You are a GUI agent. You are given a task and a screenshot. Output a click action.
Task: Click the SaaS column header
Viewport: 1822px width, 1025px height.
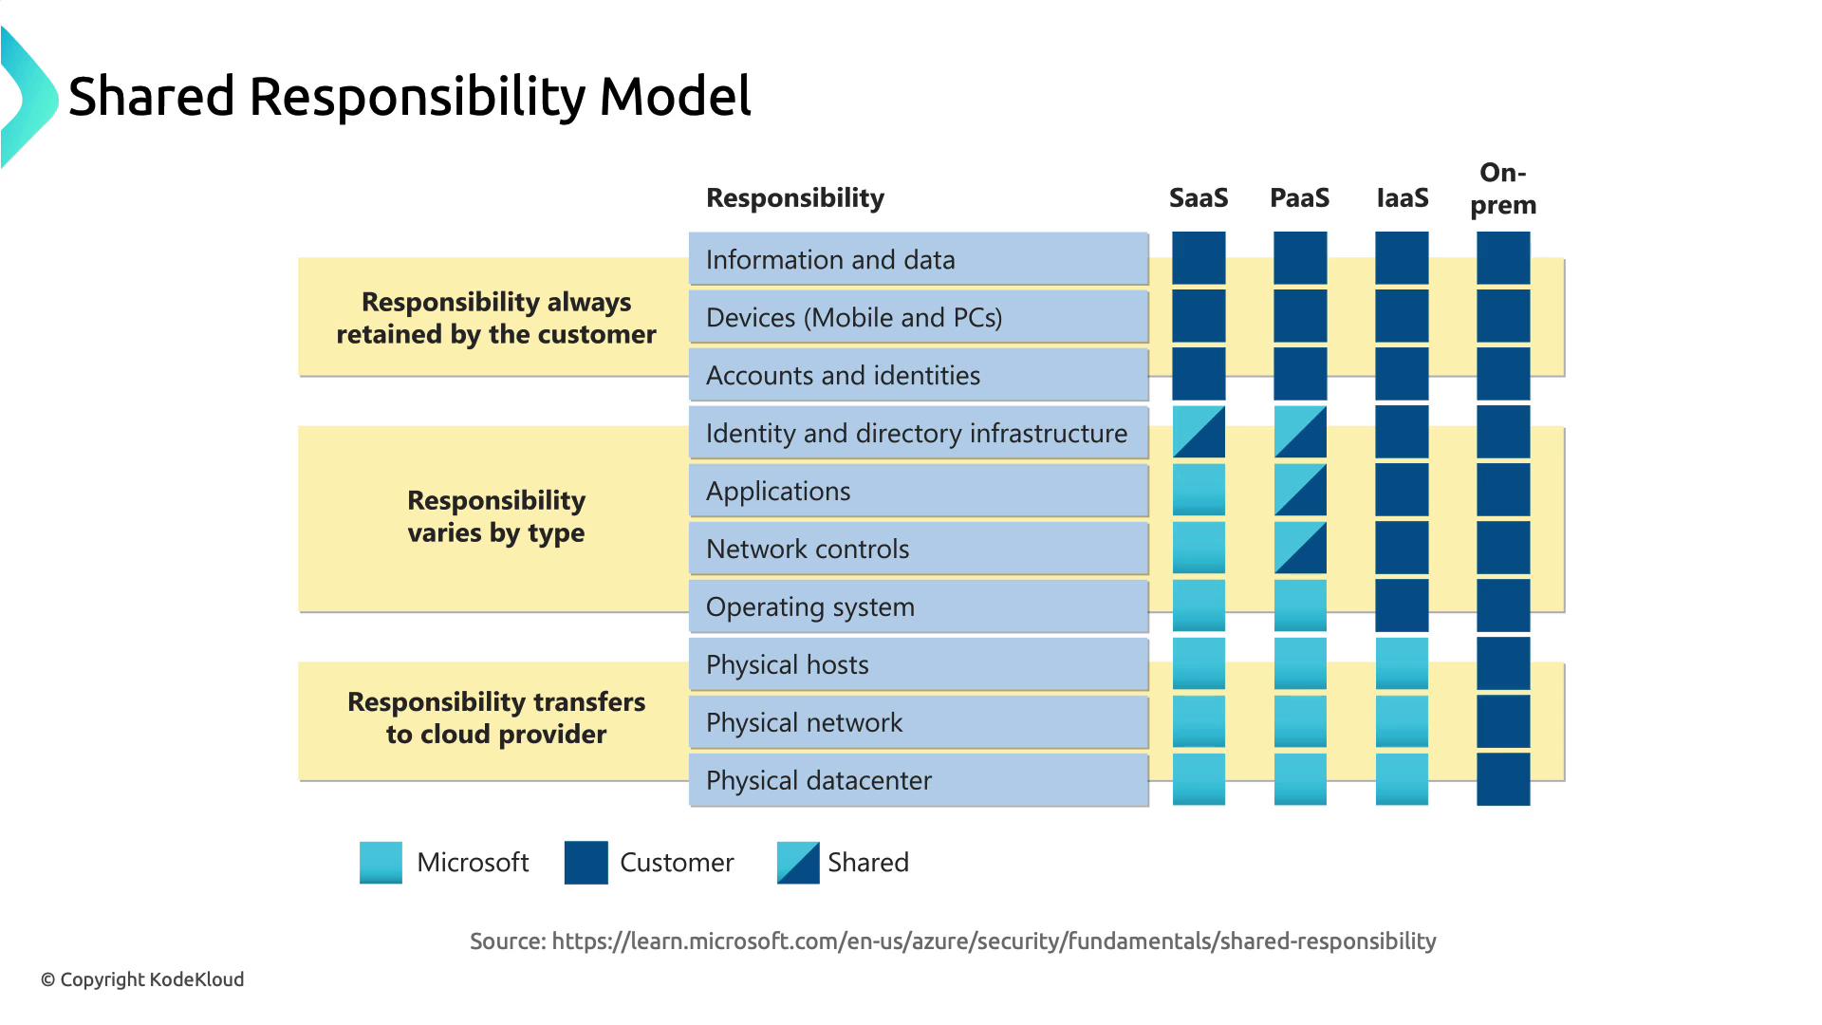1199,197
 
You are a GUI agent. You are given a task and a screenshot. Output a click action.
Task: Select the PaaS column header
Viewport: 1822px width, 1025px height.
1300,197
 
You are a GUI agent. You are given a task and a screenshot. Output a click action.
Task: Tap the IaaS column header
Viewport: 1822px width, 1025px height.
1403,197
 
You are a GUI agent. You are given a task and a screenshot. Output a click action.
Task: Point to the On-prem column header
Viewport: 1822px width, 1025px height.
1503,189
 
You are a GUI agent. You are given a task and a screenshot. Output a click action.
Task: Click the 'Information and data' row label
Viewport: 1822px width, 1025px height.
830,259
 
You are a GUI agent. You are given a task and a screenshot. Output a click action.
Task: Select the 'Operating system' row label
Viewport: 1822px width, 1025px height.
810,606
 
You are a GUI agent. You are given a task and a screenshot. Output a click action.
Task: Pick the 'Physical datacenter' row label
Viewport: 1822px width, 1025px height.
819,780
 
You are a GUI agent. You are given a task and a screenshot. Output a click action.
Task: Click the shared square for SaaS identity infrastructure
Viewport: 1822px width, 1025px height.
1199,432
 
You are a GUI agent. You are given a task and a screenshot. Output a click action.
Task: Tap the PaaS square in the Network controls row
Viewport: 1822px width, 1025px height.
1300,548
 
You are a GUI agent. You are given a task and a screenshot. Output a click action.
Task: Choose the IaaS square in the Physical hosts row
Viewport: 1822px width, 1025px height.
1402,663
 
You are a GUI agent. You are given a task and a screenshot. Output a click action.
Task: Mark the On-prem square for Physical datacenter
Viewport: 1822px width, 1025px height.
1503,779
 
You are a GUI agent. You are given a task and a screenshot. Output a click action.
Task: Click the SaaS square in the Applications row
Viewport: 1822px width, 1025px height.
1199,490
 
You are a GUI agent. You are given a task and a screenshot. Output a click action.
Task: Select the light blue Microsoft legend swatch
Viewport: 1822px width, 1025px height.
381,863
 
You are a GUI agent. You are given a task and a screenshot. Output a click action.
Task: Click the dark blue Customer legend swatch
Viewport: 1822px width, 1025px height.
586,863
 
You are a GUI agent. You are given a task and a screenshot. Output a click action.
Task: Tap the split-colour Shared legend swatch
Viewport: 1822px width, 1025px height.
798,863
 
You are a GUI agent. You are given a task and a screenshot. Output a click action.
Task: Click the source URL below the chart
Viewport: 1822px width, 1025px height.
994,941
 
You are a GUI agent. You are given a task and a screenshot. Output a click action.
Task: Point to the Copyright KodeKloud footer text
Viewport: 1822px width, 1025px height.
142,979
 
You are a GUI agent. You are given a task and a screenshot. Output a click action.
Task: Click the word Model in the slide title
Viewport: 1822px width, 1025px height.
675,97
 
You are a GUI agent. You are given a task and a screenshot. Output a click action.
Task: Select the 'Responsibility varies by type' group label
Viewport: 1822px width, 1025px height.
496,516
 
